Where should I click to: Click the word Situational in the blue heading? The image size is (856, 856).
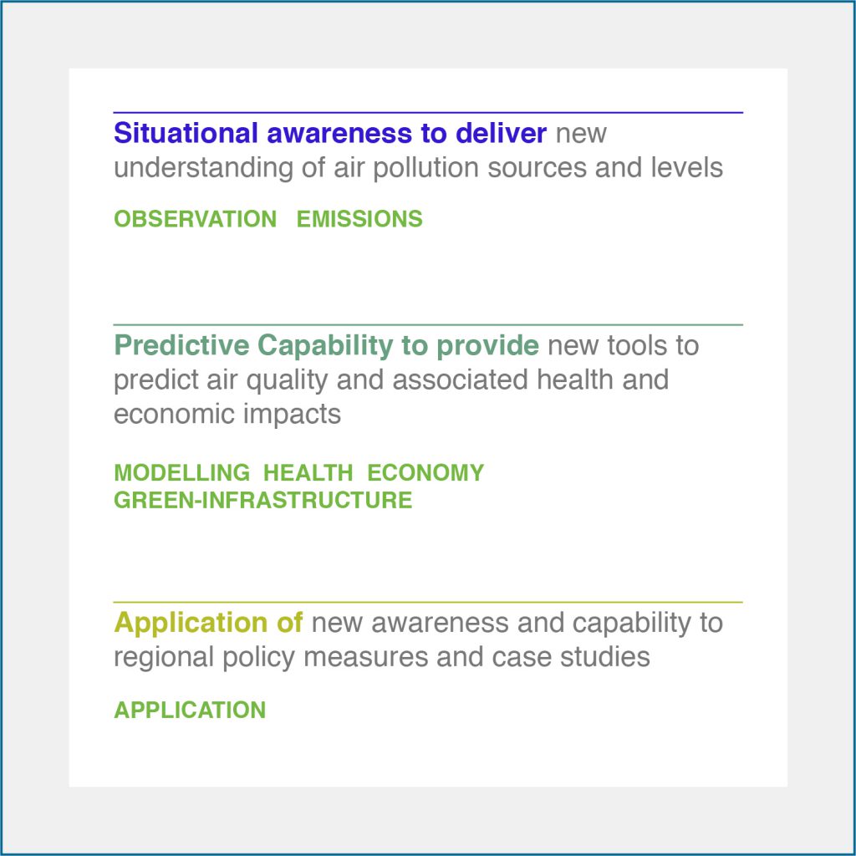click(x=186, y=133)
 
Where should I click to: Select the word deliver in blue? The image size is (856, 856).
click(x=501, y=133)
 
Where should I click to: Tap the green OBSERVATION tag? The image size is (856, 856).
click(x=196, y=219)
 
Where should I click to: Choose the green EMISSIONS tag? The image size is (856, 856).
click(x=359, y=219)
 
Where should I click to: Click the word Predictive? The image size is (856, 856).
click(x=181, y=345)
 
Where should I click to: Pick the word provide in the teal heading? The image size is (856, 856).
click(x=487, y=346)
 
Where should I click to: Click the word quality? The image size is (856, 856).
click(x=287, y=380)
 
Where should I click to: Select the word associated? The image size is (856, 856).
click(x=461, y=380)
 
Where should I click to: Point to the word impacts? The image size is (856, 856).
click(x=292, y=415)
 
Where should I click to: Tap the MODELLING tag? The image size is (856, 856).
click(x=181, y=473)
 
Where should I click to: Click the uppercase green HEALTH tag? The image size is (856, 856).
click(x=308, y=473)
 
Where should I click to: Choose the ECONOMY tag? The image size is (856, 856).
click(x=425, y=473)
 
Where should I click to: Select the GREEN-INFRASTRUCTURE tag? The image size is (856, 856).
click(x=262, y=500)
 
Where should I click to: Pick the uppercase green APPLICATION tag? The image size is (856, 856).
click(x=190, y=711)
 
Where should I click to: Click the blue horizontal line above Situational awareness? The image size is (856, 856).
click(x=428, y=113)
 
